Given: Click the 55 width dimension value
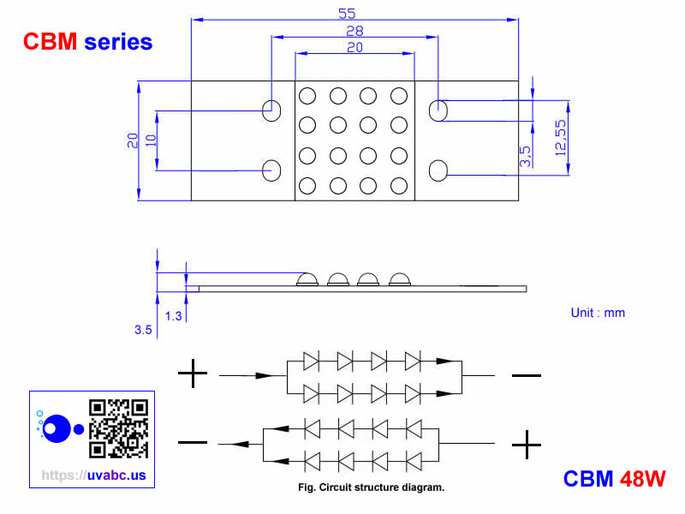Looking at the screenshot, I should (347, 13).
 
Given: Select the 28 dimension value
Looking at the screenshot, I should (354, 31).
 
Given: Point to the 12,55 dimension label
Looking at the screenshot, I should (561, 136).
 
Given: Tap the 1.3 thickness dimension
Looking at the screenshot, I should (173, 316).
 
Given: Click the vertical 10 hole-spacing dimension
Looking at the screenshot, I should (151, 140).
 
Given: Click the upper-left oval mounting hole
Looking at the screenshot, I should (271, 110).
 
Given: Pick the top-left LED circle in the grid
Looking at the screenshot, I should (307, 96).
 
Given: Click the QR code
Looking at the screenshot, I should (119, 428).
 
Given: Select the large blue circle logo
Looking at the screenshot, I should (57, 428).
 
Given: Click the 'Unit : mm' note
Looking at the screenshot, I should (598, 313).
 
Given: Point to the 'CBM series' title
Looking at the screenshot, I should (88, 41).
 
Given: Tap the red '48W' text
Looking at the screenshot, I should (643, 479).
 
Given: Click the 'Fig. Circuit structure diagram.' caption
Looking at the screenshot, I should (366, 488).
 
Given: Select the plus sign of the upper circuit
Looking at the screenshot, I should (193, 374).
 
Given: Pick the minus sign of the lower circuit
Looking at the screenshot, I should (193, 442).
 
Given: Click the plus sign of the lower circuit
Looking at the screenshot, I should (526, 444).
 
